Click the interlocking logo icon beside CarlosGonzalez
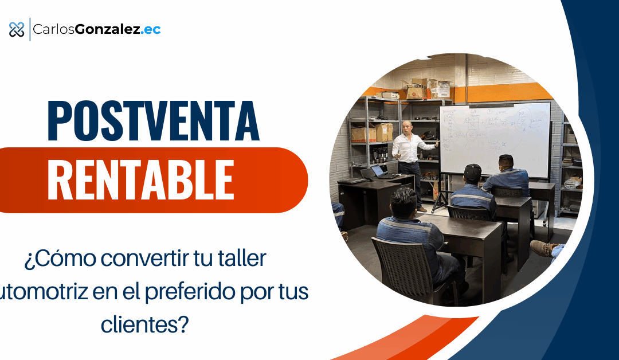coord(17,29)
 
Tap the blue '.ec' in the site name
coord(151,29)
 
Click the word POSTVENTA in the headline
coord(153,122)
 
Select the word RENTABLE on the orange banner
coord(140,179)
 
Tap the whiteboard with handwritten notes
coord(494,138)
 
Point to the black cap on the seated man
coord(472,171)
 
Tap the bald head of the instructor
coord(406,127)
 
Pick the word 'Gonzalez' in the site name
coord(116,29)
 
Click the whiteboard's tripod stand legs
coord(442,198)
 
